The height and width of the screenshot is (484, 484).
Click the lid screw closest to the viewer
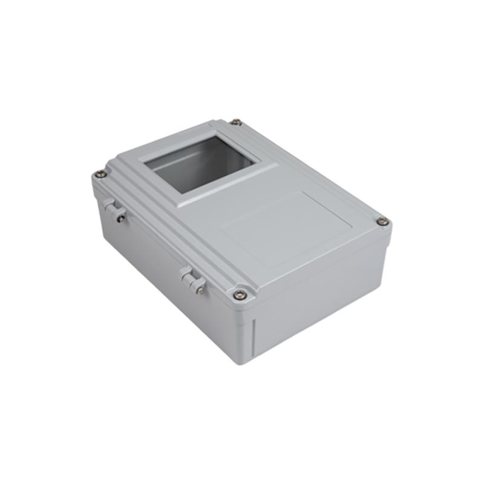pyautogui.click(x=240, y=295)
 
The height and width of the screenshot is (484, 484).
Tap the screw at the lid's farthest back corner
pyautogui.click(x=236, y=122)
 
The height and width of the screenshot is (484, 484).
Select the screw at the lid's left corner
pyautogui.click(x=101, y=174)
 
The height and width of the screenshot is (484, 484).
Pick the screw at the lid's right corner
pyautogui.click(x=382, y=221)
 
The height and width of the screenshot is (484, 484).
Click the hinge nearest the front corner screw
pyautogui.click(x=193, y=280)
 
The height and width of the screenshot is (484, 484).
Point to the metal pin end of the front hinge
pyautogui.click(x=200, y=290)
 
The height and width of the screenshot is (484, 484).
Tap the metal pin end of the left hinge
pyautogui.click(x=121, y=218)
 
